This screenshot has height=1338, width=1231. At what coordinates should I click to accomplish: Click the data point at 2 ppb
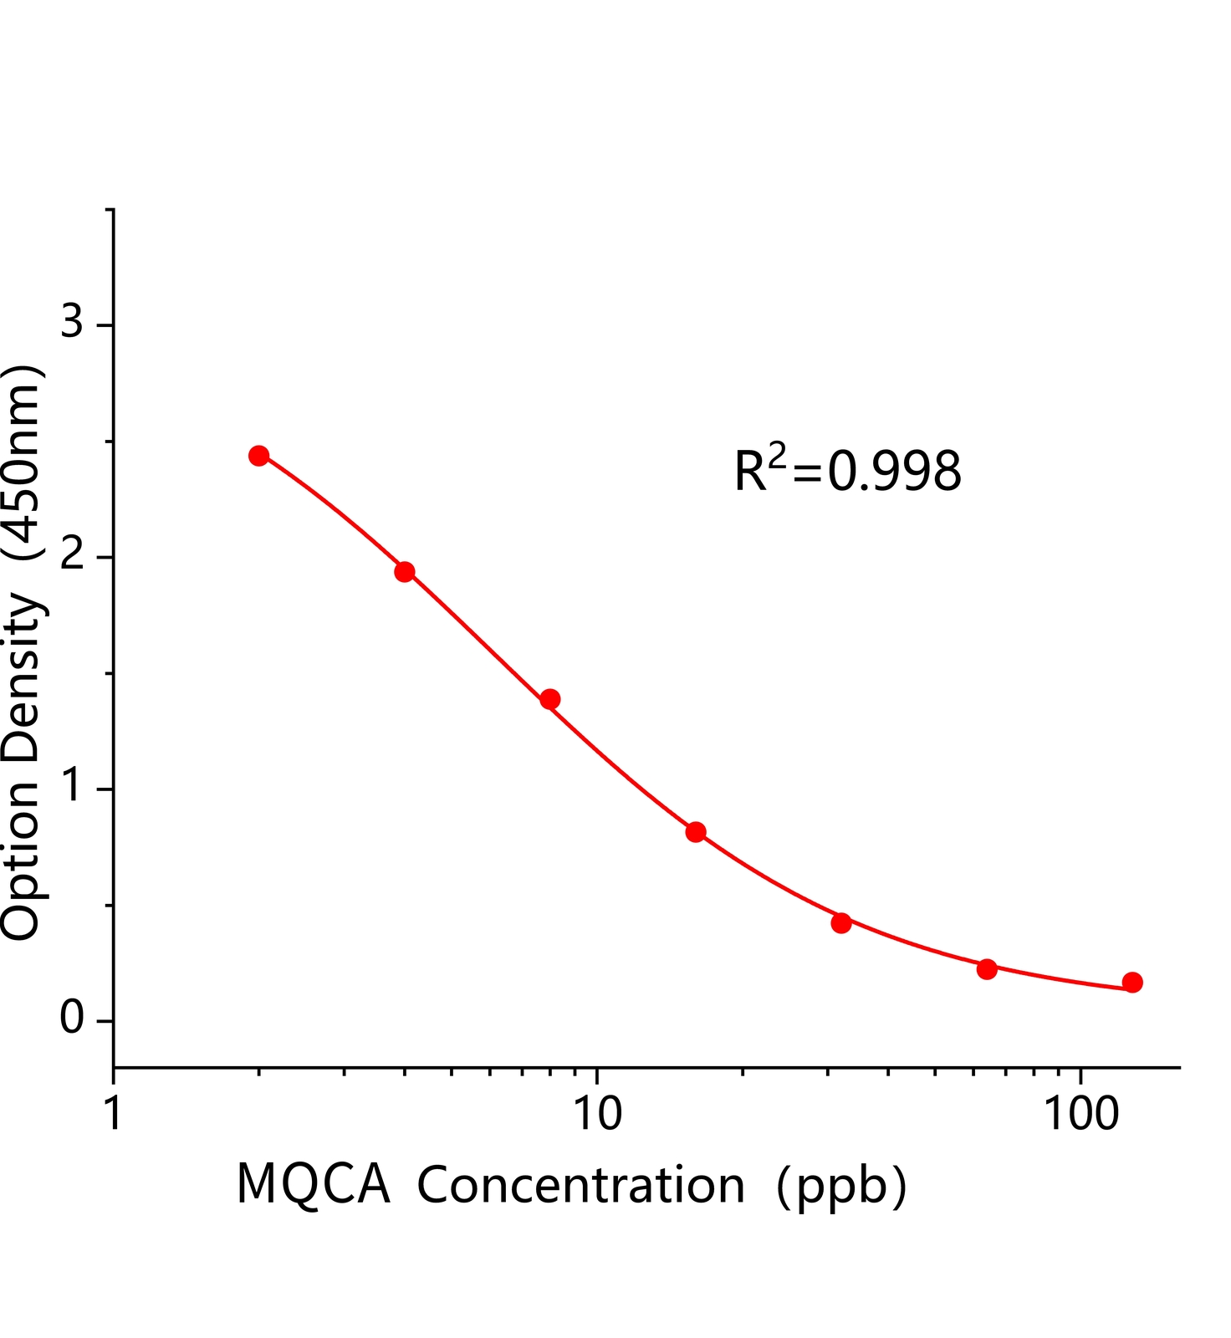259,456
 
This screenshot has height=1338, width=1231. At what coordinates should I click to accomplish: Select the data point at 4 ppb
405,572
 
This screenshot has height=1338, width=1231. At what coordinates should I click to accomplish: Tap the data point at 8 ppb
550,699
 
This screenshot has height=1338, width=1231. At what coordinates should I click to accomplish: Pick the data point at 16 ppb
696,832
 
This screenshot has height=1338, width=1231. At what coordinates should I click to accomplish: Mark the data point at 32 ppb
841,923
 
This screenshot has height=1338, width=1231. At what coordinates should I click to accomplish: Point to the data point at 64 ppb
987,969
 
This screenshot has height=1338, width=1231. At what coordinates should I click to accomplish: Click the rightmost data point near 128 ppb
1132,983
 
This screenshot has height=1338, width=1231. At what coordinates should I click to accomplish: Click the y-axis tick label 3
72,321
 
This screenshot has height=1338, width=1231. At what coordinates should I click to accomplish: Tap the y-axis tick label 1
74,786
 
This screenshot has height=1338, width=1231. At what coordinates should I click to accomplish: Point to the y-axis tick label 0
72,1019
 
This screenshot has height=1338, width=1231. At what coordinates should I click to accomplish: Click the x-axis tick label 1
114,1116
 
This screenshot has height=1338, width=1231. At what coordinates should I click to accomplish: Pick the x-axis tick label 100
1082,1116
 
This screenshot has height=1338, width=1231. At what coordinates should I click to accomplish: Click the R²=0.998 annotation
847,471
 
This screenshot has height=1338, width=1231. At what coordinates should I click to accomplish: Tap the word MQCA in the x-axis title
314,1184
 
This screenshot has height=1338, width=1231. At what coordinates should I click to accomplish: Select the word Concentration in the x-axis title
580,1184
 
